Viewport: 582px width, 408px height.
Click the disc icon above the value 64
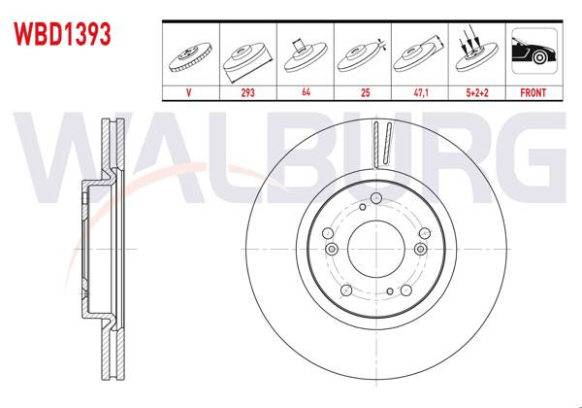click(306, 53)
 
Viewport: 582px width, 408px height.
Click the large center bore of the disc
click(375, 250)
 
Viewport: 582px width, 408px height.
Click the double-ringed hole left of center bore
click(332, 250)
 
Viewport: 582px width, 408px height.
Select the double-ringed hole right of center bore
click(419, 250)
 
